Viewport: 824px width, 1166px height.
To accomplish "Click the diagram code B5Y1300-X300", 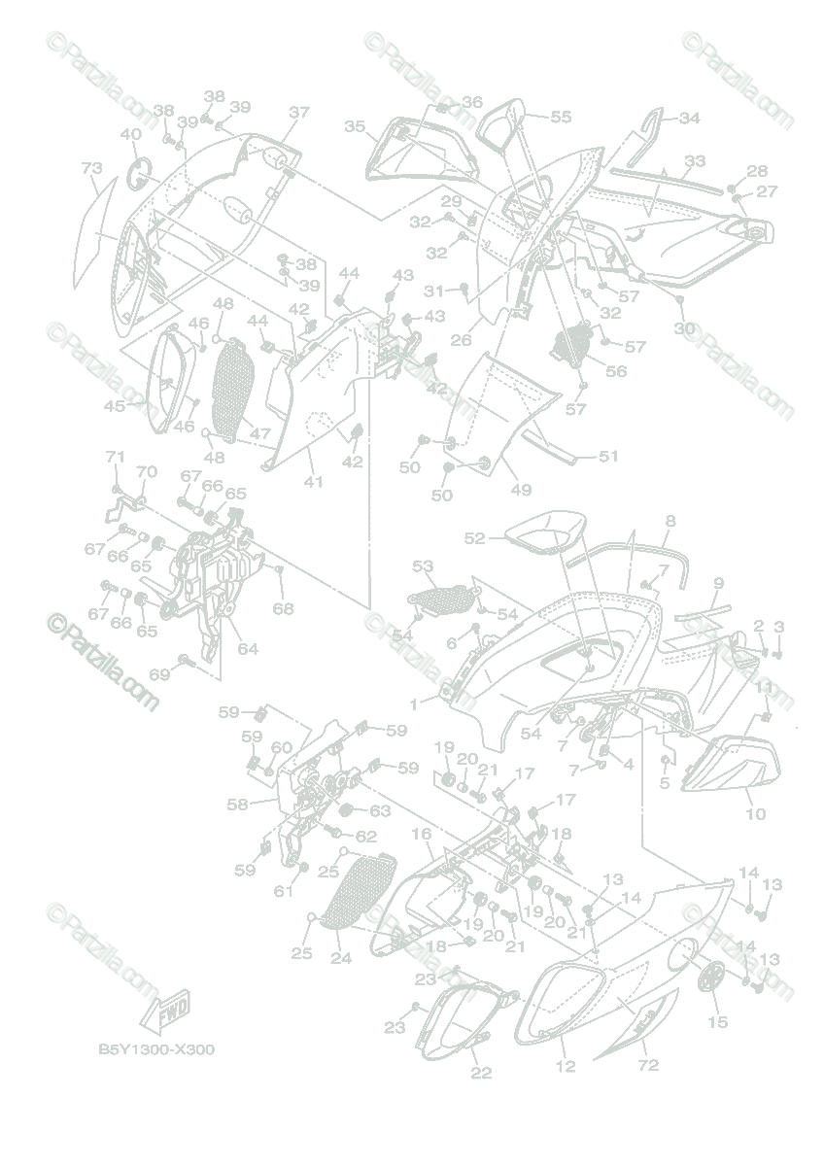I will coord(155,1050).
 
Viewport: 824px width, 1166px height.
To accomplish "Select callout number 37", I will coord(298,113).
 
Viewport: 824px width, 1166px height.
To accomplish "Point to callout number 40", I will coord(130,134).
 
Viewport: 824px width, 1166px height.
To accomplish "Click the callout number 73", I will coord(91,169).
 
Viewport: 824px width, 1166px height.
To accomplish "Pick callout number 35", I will coord(355,126).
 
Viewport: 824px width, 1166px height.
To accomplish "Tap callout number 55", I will coord(561,117).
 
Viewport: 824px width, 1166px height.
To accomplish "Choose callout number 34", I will coord(689,119).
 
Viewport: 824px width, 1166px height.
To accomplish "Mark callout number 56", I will coord(616,370).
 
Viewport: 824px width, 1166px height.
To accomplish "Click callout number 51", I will coord(608,456).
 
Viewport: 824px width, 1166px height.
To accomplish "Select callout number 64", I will coord(249,648).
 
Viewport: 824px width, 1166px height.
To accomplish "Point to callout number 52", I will coord(474,537).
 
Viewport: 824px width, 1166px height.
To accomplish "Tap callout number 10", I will coord(755,813).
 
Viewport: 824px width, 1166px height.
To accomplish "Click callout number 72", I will coord(647,1065).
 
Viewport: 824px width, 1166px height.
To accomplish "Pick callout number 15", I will coord(717,1021).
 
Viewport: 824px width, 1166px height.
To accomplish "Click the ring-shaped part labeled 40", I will coord(142,174).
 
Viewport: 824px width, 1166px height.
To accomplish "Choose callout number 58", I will coord(236,804).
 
